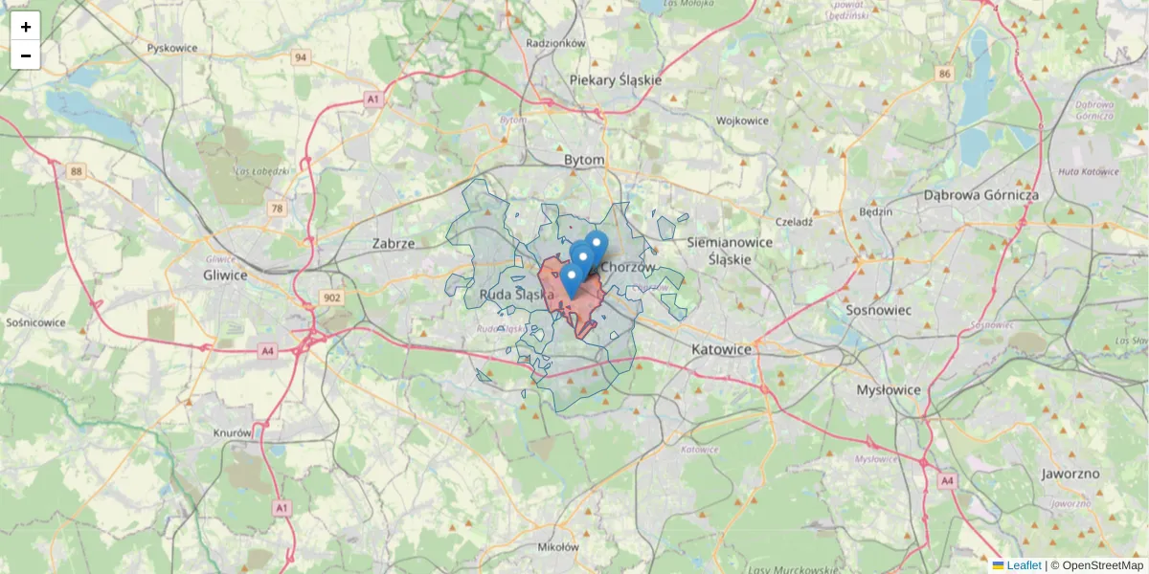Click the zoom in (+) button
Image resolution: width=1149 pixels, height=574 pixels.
26,27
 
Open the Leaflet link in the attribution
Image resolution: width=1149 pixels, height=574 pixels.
1023,565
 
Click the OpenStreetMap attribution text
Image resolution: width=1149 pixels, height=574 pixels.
1102,565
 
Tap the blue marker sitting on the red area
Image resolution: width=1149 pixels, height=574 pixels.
572,279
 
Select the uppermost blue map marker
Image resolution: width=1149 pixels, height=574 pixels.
597,243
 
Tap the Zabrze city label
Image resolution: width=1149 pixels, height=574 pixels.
394,243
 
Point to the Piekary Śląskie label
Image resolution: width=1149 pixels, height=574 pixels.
615,80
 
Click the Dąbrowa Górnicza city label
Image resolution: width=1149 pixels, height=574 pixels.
980,194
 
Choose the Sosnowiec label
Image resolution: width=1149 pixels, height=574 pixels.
878,310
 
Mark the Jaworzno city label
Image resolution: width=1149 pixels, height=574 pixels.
1070,474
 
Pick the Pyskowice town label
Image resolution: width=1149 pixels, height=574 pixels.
172,47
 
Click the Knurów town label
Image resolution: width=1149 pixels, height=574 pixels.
233,432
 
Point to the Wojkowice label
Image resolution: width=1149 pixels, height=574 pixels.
742,121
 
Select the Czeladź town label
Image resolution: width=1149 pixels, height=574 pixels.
794,221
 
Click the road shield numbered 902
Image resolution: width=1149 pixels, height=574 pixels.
332,298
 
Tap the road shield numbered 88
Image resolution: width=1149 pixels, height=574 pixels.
77,171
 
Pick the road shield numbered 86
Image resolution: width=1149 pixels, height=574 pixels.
946,74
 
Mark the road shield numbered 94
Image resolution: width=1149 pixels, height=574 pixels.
302,57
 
